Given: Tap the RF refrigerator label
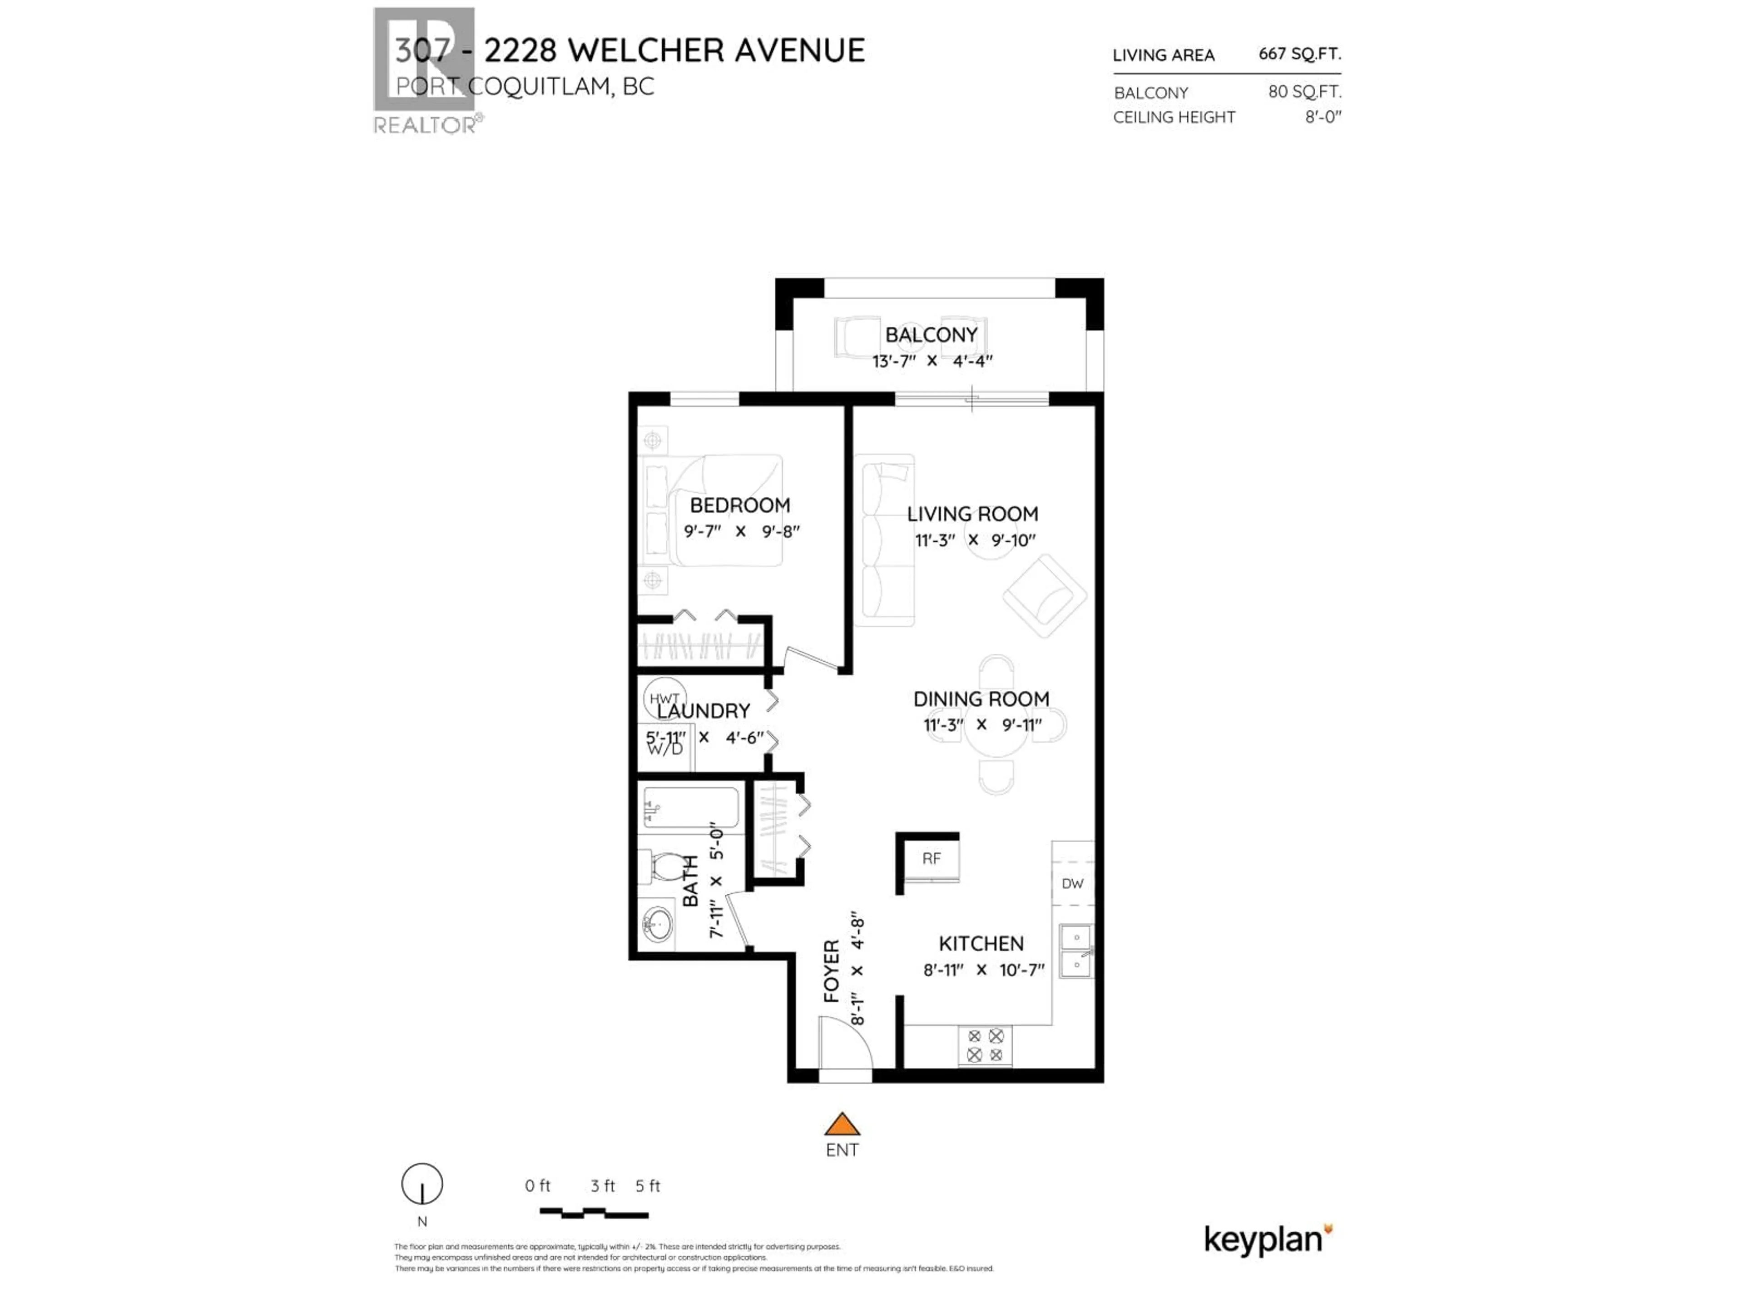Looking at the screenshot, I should [931, 858].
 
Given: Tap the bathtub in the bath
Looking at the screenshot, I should [691, 808].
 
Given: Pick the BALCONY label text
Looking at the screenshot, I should [931, 335].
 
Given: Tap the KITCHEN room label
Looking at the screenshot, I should [981, 944].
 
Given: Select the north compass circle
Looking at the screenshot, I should [422, 1184].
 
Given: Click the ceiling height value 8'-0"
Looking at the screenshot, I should [1322, 117].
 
